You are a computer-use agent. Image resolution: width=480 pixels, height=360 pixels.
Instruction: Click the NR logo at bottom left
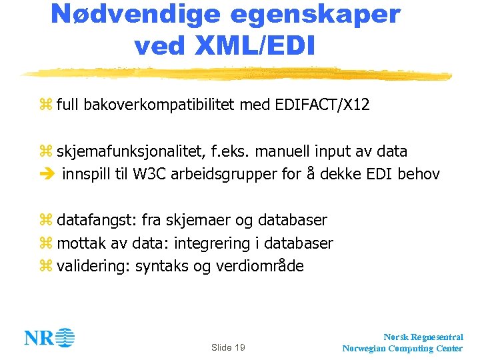[50, 338]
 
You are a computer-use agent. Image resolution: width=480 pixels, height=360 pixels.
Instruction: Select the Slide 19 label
[228, 347]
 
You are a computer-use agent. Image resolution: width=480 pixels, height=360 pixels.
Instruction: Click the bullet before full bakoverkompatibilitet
[45, 105]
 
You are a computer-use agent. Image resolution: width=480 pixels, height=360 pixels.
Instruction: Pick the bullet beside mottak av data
[45, 243]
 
